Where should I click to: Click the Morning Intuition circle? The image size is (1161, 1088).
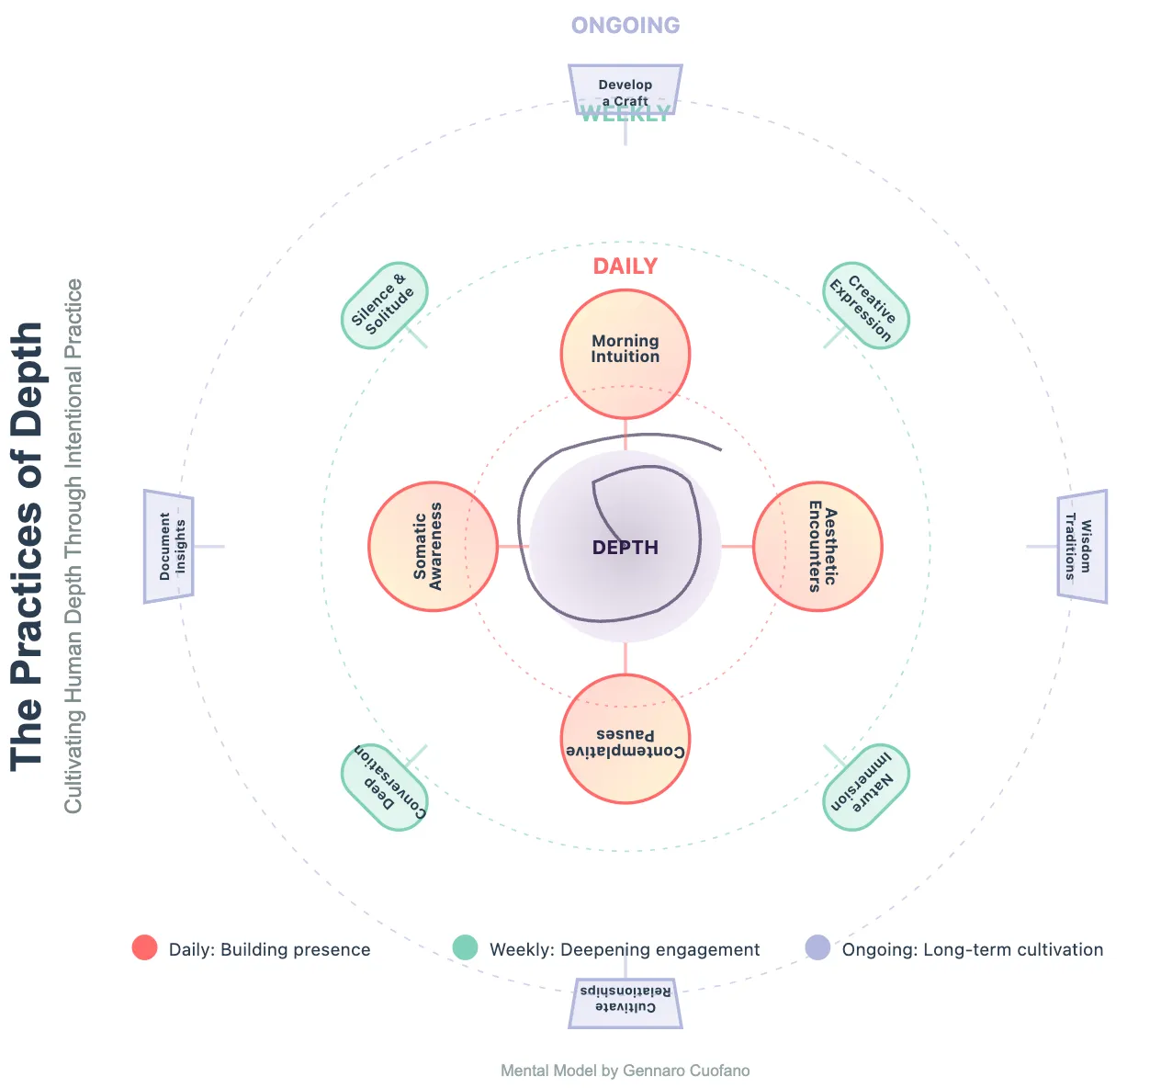tap(625, 355)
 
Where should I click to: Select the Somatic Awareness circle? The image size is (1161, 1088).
tap(434, 547)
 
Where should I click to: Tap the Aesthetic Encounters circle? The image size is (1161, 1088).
tap(817, 547)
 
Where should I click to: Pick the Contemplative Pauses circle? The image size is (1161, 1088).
tap(625, 739)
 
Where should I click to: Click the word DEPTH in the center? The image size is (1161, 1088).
tap(625, 548)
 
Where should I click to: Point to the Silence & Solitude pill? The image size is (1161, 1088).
tap(384, 305)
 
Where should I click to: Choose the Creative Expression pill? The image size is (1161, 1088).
tap(866, 305)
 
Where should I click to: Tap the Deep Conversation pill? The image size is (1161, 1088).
tap(384, 788)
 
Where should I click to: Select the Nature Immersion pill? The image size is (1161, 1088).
tap(866, 788)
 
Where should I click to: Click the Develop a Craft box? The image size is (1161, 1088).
tap(625, 89)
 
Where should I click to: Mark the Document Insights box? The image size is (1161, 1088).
tap(169, 547)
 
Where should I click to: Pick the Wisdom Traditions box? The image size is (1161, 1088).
tap(1082, 547)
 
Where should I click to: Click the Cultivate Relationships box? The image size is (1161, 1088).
tap(625, 1003)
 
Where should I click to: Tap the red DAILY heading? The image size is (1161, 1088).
tap(625, 266)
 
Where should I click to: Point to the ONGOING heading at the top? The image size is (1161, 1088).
tap(626, 26)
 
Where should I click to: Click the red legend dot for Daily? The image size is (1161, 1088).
tap(144, 947)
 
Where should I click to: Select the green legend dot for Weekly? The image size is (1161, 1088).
tap(466, 947)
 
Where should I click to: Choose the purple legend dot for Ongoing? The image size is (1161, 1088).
tap(817, 947)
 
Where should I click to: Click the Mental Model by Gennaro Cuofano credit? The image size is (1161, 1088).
tap(625, 1071)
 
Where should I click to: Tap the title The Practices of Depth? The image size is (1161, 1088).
tap(28, 547)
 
